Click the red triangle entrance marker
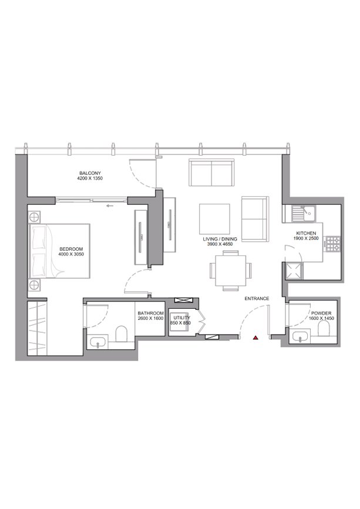255,338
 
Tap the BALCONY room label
90,173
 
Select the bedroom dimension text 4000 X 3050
71,254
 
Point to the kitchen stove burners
333,244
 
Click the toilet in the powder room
323,330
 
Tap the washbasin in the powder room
300,337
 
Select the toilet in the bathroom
122,333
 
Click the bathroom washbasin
97,342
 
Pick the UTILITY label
182,318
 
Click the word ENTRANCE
257,298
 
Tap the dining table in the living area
230,271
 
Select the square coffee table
214,219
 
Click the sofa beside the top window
211,173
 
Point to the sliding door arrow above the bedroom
110,205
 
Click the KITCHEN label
306,233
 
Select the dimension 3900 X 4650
220,244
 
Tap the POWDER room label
321,314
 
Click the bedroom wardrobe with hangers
38,328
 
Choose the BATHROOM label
150,314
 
